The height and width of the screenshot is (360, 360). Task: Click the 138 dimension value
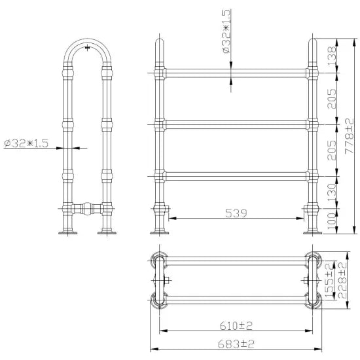[x=332, y=54]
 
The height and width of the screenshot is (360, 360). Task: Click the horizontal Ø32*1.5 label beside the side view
[x=27, y=143]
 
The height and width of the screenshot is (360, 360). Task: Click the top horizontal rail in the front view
[x=232, y=71]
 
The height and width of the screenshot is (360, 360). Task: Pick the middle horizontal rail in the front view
[x=232, y=122]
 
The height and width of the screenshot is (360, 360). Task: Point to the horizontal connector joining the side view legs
[x=85, y=209]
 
